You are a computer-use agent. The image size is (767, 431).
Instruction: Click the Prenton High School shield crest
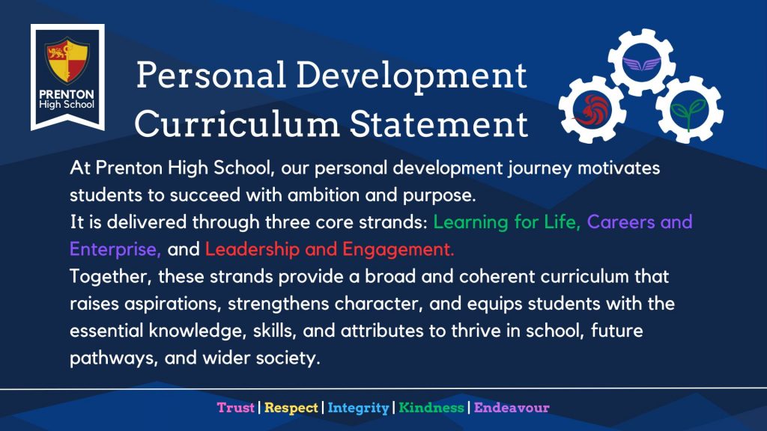pos(67,60)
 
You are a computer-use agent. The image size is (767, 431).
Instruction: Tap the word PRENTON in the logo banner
pos(67,94)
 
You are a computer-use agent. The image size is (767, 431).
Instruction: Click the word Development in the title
pos(411,76)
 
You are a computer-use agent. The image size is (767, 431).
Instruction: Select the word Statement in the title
pos(439,123)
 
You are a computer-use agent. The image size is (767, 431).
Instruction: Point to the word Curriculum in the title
pos(237,123)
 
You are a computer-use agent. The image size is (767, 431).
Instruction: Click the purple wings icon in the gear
pos(642,64)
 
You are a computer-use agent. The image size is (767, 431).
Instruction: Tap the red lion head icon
pos(592,109)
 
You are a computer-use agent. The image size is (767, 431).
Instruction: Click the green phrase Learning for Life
pos(507,222)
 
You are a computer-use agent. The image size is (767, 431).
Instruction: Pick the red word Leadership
pos(252,249)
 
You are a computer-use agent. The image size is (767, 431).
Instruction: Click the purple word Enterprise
pos(115,249)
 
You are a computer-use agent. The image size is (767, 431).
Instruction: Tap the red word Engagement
pos(398,250)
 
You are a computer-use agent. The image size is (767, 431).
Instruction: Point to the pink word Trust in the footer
pos(236,408)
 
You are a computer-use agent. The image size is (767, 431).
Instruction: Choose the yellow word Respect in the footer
pos(291,408)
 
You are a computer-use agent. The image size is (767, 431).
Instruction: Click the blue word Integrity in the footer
pos(358,408)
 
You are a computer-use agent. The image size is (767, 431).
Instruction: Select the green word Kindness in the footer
pos(431,408)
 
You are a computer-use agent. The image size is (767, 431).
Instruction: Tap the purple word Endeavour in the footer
pos(512,408)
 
